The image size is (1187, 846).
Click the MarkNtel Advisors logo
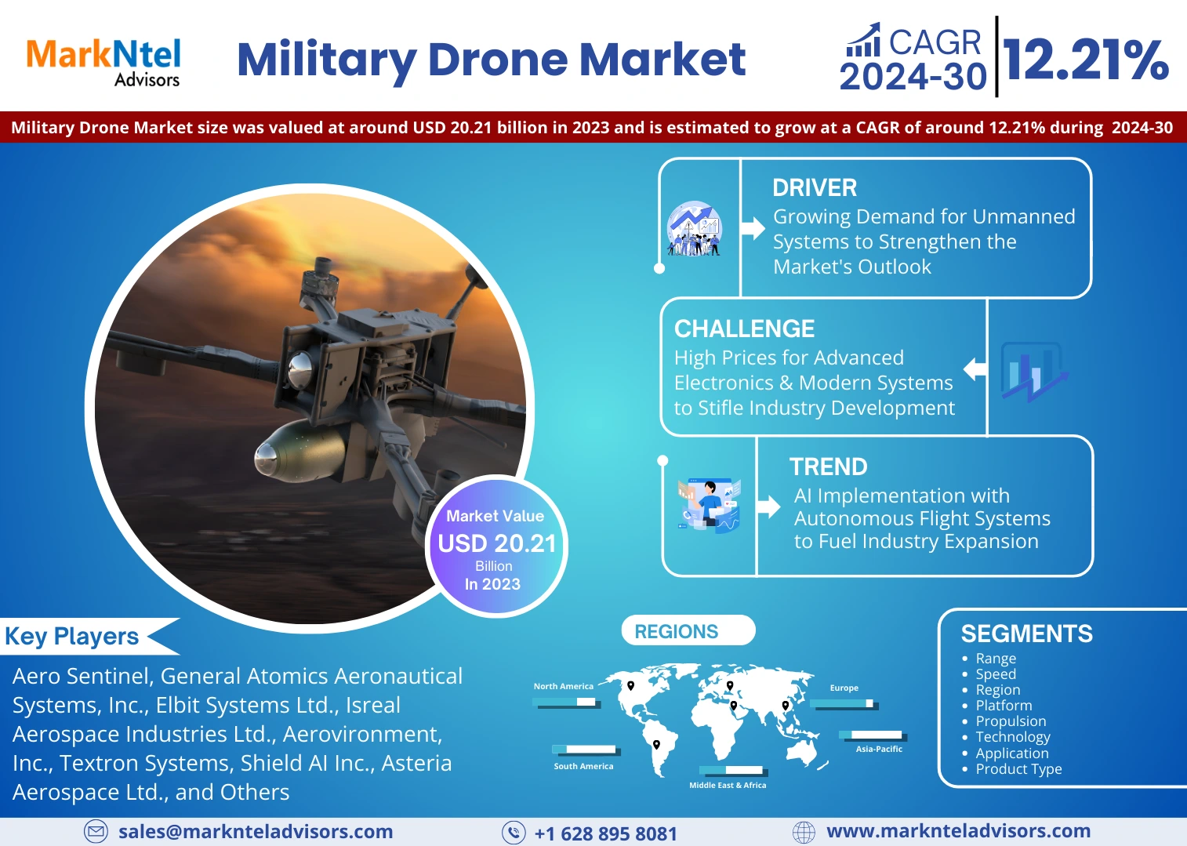point(103,62)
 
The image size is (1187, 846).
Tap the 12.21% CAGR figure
point(1086,60)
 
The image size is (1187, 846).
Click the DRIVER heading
point(814,188)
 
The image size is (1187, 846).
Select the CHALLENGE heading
point(744,329)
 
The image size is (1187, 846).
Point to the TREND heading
point(828,467)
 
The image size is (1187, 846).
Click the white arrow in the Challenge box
point(975,369)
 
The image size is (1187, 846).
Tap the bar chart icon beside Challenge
point(1033,372)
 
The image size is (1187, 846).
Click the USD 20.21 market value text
point(496,543)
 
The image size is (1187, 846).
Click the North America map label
point(563,686)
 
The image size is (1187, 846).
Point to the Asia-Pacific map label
point(878,749)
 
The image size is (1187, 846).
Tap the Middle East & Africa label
point(727,785)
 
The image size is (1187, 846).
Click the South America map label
point(583,766)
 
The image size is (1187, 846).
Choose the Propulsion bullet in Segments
point(1010,721)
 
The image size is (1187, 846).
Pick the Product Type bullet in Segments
point(1018,769)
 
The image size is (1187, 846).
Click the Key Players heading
point(72,636)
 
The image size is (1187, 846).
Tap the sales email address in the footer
point(256,832)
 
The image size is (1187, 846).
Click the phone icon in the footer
point(514,833)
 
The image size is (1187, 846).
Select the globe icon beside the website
point(804,832)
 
